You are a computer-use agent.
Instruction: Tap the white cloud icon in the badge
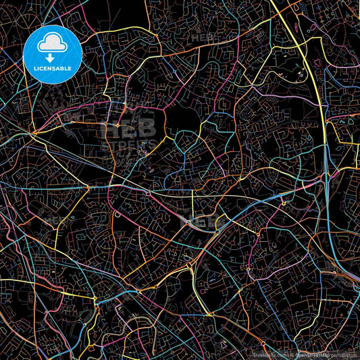click(x=52, y=43)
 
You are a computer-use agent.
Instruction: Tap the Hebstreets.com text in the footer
click(x=267, y=355)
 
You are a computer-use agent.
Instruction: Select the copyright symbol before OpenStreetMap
click(x=292, y=355)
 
